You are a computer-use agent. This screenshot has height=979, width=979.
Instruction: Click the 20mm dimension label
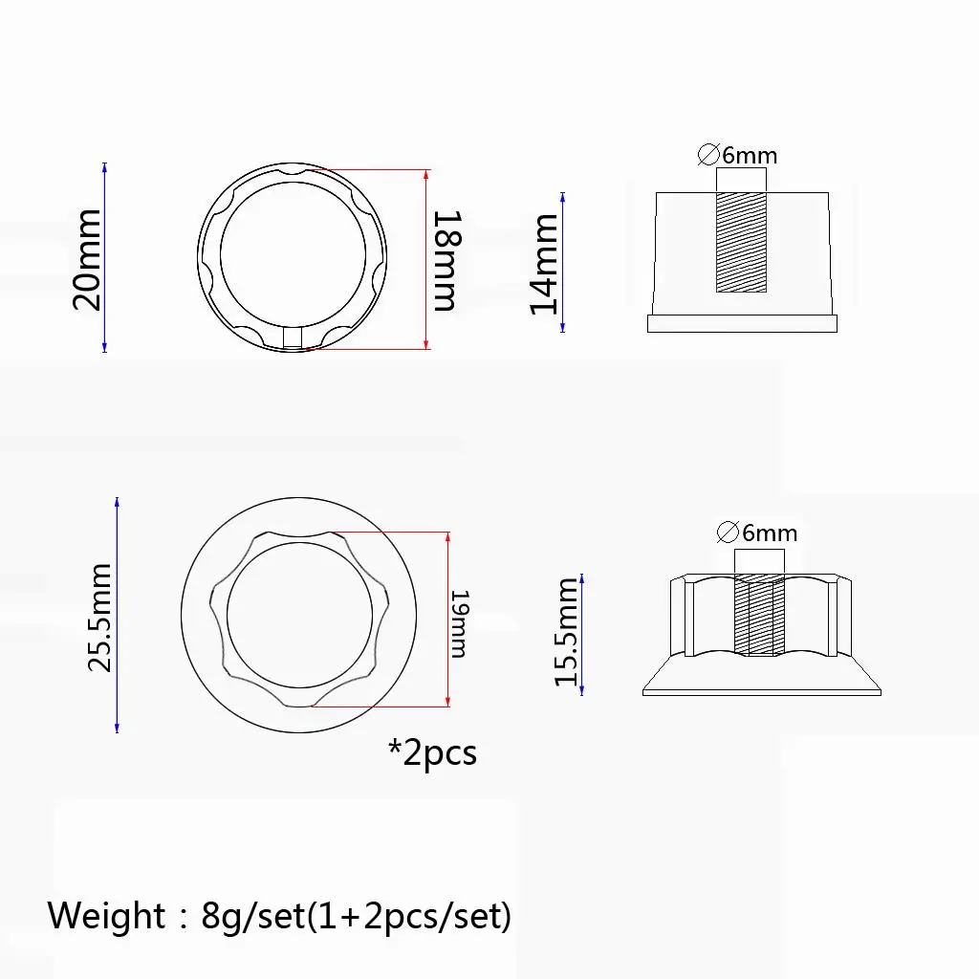[x=87, y=260]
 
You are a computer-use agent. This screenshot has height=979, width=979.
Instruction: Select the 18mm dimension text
[x=448, y=261]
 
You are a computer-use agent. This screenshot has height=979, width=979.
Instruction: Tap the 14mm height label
[x=543, y=264]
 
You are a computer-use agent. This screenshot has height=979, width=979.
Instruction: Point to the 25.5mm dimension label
[x=99, y=618]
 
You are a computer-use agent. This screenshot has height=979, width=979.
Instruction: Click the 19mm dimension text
[x=459, y=623]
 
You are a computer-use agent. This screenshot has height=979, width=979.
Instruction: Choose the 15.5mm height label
[x=567, y=632]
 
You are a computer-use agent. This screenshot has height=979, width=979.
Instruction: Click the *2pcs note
[x=433, y=752]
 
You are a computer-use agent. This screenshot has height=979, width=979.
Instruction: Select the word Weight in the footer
[x=106, y=916]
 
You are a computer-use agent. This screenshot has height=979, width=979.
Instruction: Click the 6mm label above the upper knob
[x=750, y=156]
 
